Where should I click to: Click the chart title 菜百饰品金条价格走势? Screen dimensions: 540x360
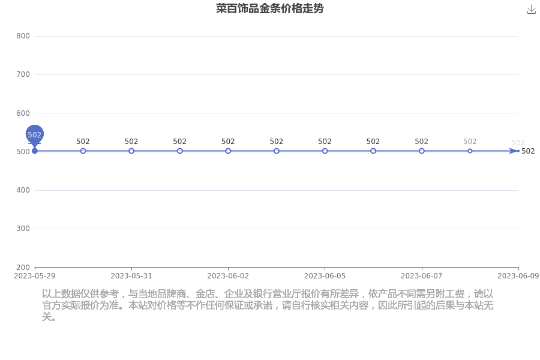269,8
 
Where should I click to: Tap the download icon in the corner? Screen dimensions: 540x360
532,10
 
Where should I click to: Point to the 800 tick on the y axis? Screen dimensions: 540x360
23,36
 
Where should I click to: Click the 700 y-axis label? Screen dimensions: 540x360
23,74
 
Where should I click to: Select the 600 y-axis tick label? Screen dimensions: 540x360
23,113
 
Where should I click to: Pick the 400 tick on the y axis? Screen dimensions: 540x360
23,190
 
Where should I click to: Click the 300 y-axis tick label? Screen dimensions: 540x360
23,229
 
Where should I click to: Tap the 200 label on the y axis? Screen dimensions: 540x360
23,268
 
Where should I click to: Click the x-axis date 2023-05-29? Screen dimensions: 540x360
34,276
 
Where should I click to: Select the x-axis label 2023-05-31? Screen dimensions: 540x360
131,276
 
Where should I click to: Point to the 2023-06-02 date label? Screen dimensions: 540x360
228,276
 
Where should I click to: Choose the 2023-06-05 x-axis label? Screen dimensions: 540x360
325,276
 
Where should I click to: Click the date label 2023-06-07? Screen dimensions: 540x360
422,276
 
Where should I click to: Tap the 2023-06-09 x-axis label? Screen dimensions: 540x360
518,276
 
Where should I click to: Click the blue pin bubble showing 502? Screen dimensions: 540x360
34,134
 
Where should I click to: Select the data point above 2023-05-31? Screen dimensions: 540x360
131,151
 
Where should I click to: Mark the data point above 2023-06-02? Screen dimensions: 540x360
228,151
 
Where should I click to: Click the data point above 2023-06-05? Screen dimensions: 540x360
325,151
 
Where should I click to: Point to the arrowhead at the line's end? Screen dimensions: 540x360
514,151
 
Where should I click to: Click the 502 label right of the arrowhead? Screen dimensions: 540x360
528,151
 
